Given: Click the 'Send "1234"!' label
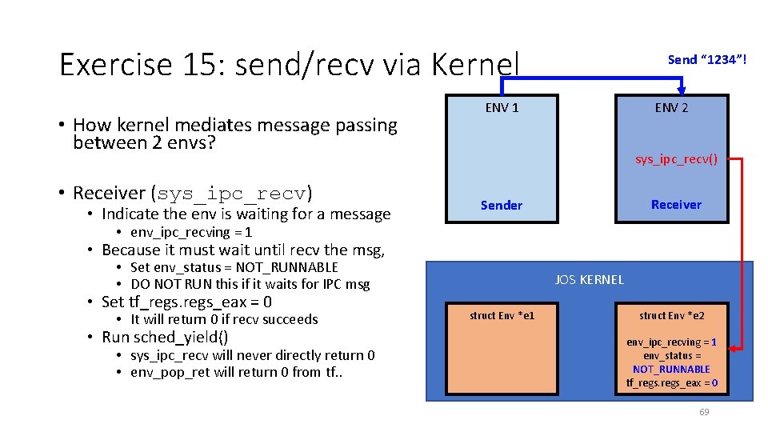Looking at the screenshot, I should pos(707,59).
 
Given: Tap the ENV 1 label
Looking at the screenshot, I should pos(502,108).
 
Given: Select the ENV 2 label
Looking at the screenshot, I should pos(671,108).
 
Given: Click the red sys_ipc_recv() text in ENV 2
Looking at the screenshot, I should pos(676,159).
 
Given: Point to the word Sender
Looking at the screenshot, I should pos(502,205).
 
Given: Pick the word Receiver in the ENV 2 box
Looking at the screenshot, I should pos(676,204).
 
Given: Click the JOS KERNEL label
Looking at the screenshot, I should pos(589,279).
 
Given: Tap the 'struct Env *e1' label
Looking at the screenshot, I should pos(502,315).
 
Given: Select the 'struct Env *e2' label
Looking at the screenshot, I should pos(671,315).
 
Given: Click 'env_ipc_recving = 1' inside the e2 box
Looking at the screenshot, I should pos(671,342).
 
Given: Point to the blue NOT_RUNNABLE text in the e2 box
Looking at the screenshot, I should pos(671,369).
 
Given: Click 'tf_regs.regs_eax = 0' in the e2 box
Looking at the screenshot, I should pos(671,383).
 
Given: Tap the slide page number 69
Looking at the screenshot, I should pos(704,412).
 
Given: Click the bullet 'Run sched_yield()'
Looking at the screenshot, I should pos(165,337).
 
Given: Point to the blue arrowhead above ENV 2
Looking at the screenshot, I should pos(681,89).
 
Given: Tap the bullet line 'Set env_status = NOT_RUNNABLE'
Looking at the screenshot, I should pos(234,267).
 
